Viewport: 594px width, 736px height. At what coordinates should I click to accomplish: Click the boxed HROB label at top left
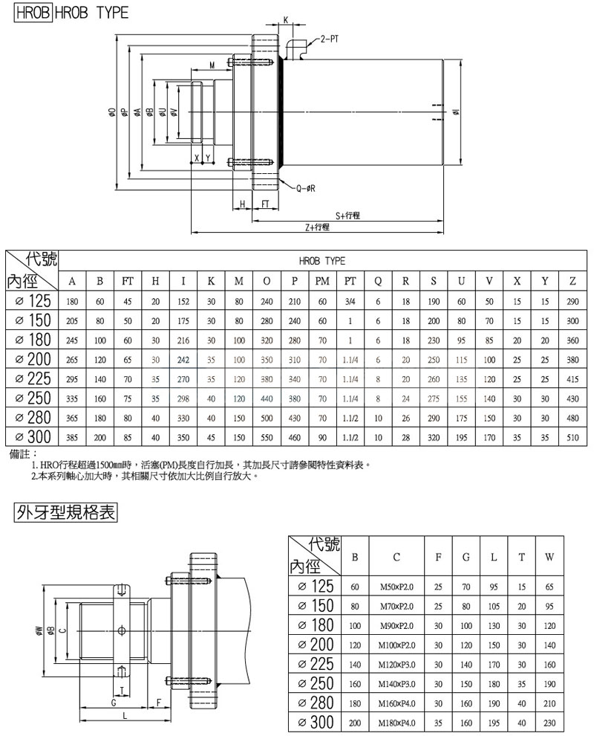28,13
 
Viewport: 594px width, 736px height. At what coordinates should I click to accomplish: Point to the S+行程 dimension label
347,215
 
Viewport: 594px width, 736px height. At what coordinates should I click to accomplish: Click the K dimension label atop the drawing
285,20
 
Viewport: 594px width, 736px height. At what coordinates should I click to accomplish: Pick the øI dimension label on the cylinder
456,113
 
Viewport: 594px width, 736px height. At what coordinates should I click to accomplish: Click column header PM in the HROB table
322,281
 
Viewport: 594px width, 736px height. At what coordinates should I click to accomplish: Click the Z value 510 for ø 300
572,436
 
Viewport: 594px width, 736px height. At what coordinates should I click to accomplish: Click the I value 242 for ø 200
183,358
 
